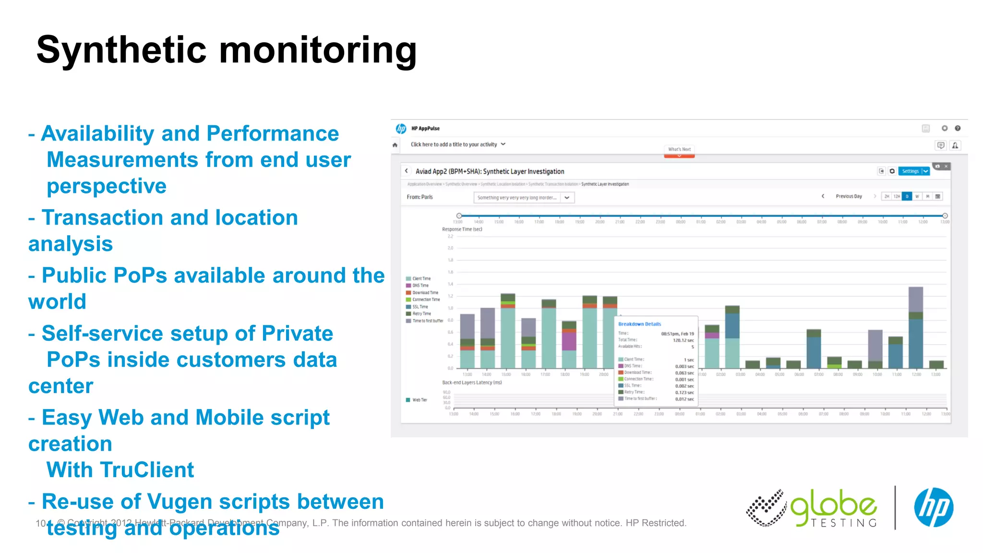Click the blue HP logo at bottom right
pos(933,507)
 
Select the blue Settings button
pos(910,171)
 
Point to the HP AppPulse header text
pos(425,129)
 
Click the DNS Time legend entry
pos(420,286)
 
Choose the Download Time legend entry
pos(425,292)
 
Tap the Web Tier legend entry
pos(419,400)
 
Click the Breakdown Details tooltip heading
pos(639,324)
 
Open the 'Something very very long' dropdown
pos(524,198)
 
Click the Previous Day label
pos(849,196)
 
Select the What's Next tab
pos(679,149)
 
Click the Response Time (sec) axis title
pos(462,229)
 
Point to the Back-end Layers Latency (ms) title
pos(472,383)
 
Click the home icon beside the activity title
pos(395,145)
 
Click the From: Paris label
pos(420,197)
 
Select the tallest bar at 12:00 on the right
pos(915,327)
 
